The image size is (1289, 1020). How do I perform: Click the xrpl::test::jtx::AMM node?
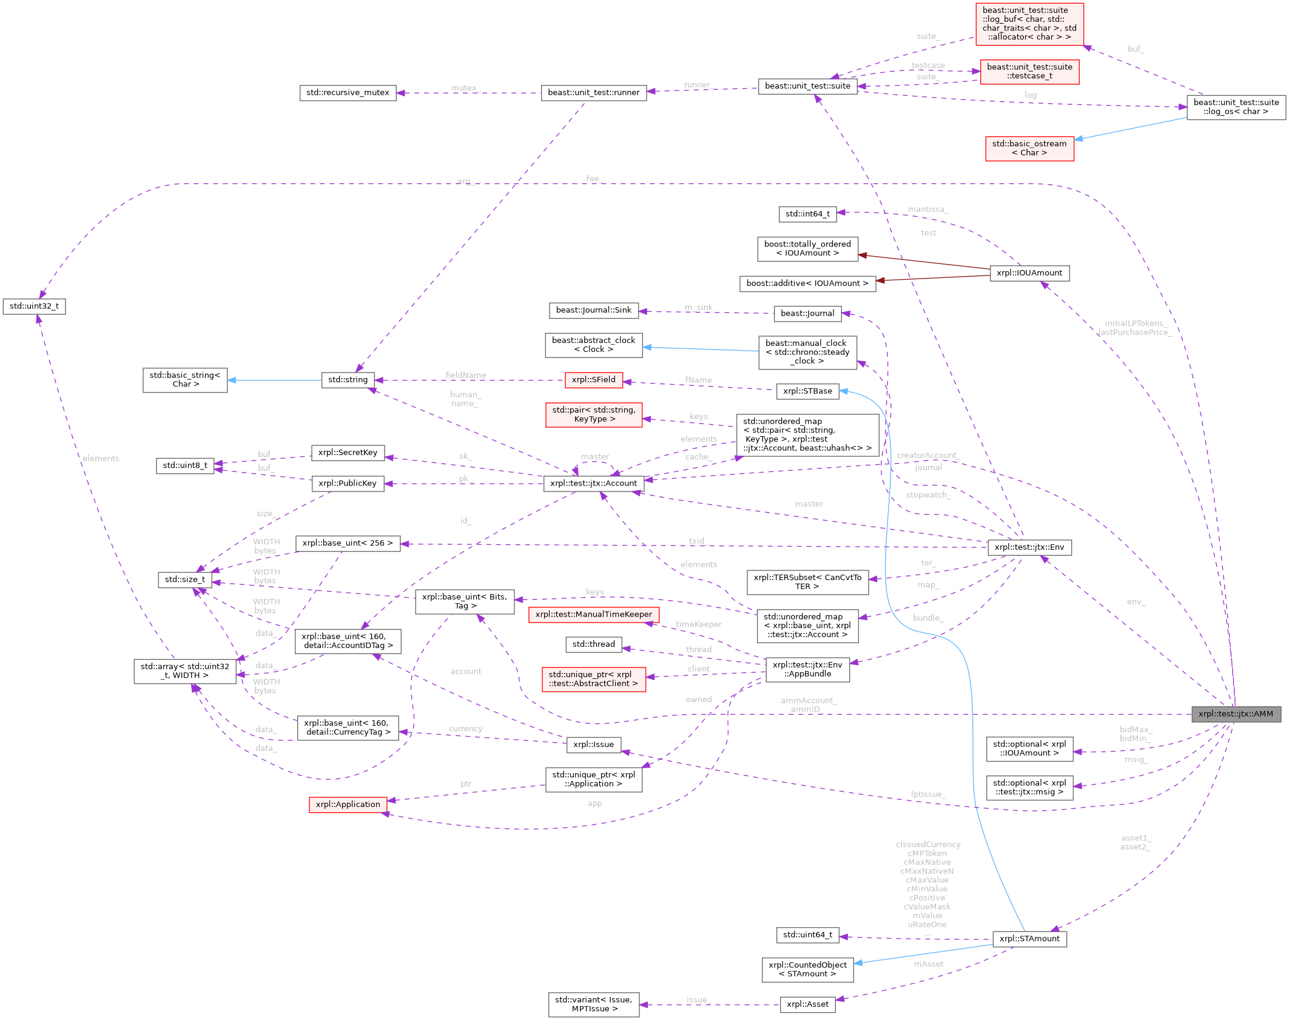pos(1236,714)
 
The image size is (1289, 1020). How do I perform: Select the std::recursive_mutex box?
pos(348,93)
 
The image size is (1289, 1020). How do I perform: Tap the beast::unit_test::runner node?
pos(593,93)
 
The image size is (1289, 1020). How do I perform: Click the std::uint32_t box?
pos(34,306)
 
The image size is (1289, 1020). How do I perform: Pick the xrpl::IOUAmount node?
pos(1029,273)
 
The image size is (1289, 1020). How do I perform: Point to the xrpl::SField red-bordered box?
pos(593,380)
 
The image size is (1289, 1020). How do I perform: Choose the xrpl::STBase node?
pos(807,391)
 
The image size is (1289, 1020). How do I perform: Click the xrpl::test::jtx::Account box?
pos(593,484)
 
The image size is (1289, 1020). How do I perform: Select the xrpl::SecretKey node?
pos(348,453)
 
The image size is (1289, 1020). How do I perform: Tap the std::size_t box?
pos(185,579)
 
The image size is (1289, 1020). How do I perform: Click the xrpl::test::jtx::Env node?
pos(1029,547)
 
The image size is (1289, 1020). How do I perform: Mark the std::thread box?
pos(593,644)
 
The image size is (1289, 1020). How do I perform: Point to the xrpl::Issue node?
pos(593,745)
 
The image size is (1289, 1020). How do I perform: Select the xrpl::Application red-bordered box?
pos(348,805)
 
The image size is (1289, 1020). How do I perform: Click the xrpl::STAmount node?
pos(1029,939)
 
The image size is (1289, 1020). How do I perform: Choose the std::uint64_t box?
pos(807,935)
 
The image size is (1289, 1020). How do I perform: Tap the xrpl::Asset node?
pos(807,1004)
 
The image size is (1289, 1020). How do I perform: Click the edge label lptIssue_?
pos(927,794)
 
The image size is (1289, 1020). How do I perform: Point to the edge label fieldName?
pos(466,375)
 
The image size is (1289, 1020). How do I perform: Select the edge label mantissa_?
pos(927,209)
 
